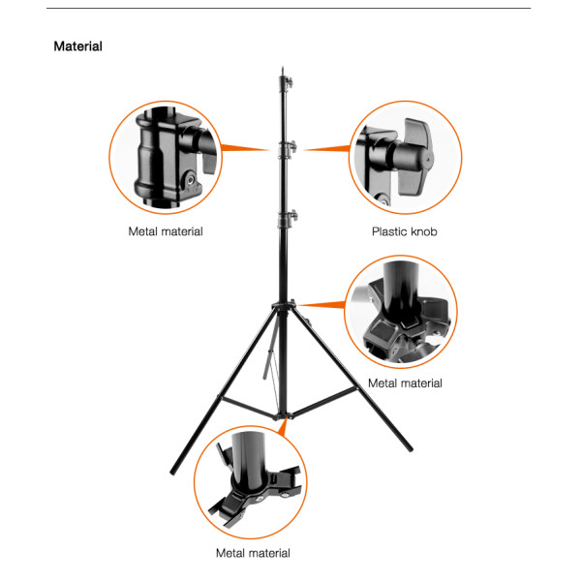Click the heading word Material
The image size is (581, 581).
(77, 46)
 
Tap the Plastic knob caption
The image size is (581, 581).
(404, 231)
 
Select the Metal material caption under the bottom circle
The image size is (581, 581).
(253, 553)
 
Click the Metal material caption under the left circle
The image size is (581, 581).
(166, 231)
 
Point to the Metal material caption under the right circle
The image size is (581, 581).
(405, 382)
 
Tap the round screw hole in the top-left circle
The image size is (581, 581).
(191, 180)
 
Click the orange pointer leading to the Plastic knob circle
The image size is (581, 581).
(327, 149)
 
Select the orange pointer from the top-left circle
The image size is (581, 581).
(245, 148)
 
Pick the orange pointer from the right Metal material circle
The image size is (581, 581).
(321, 305)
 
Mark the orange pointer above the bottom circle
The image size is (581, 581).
(283, 426)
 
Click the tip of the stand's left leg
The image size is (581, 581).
(172, 474)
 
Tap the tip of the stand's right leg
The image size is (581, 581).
(411, 449)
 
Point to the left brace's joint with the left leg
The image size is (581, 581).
(220, 398)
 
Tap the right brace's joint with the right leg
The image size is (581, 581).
(356, 387)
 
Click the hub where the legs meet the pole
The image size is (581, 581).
(284, 305)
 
